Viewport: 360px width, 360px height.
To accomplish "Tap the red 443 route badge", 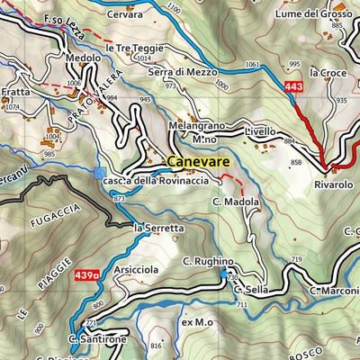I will click(x=293, y=86).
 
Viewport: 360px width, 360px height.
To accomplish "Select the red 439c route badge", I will click(x=87, y=275).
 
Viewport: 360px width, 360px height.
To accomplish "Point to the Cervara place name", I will click(x=124, y=15).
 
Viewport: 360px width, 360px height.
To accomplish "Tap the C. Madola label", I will click(x=237, y=202).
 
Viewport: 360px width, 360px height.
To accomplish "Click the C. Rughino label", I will click(x=208, y=261).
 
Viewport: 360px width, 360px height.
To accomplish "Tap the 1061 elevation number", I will click(x=252, y=65).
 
